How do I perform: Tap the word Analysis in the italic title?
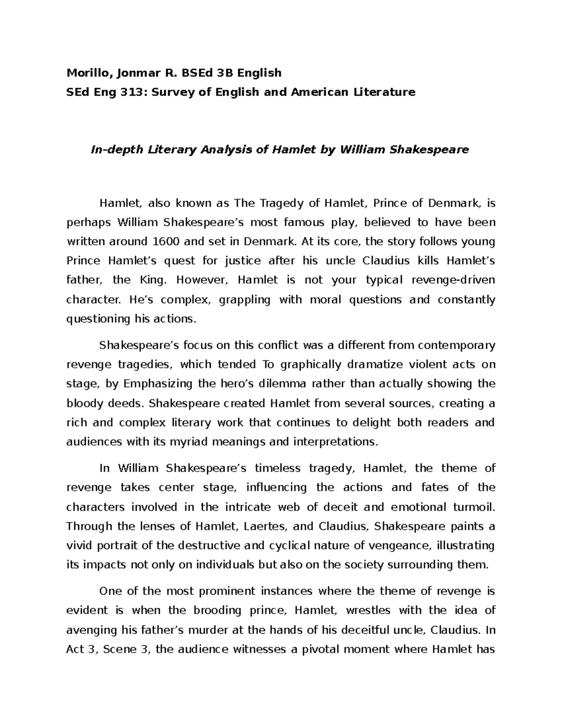[x=228, y=150]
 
